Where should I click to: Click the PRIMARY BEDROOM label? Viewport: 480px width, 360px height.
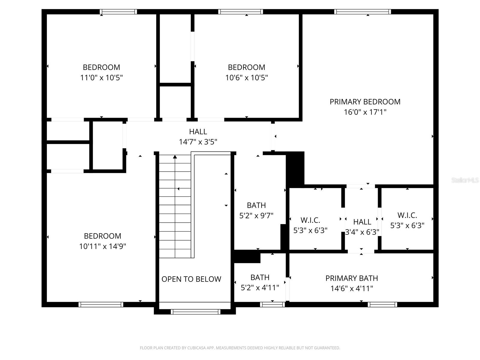click(x=365, y=102)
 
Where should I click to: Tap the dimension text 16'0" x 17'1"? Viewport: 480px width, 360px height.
click(x=365, y=112)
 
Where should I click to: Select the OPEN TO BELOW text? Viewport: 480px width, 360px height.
click(x=191, y=279)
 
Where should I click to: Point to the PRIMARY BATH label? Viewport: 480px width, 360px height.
click(x=352, y=278)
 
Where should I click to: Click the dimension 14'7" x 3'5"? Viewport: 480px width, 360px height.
click(x=198, y=142)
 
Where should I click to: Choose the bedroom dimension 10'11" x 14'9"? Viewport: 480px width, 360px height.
click(x=103, y=246)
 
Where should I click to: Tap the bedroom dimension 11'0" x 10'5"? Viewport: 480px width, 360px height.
click(x=101, y=78)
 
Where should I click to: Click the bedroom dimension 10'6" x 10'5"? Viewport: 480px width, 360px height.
click(x=246, y=78)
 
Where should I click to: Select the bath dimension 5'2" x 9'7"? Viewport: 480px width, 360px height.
click(x=256, y=216)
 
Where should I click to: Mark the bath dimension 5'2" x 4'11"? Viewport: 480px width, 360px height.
click(x=260, y=288)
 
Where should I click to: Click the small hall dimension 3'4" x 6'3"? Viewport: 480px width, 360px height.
click(x=362, y=232)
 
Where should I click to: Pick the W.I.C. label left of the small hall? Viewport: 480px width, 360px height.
click(x=310, y=220)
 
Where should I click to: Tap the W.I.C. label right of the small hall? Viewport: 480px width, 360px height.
click(x=407, y=215)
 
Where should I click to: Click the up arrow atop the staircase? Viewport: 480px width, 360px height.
click(x=175, y=157)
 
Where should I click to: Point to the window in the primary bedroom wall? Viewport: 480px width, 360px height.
click(x=362, y=12)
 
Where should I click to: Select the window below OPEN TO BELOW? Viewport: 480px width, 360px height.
click(x=195, y=312)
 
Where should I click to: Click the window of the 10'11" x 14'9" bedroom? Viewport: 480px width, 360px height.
click(x=101, y=304)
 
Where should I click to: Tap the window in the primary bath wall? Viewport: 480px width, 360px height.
click(x=382, y=304)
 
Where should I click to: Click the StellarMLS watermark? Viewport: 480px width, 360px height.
click(x=465, y=180)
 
